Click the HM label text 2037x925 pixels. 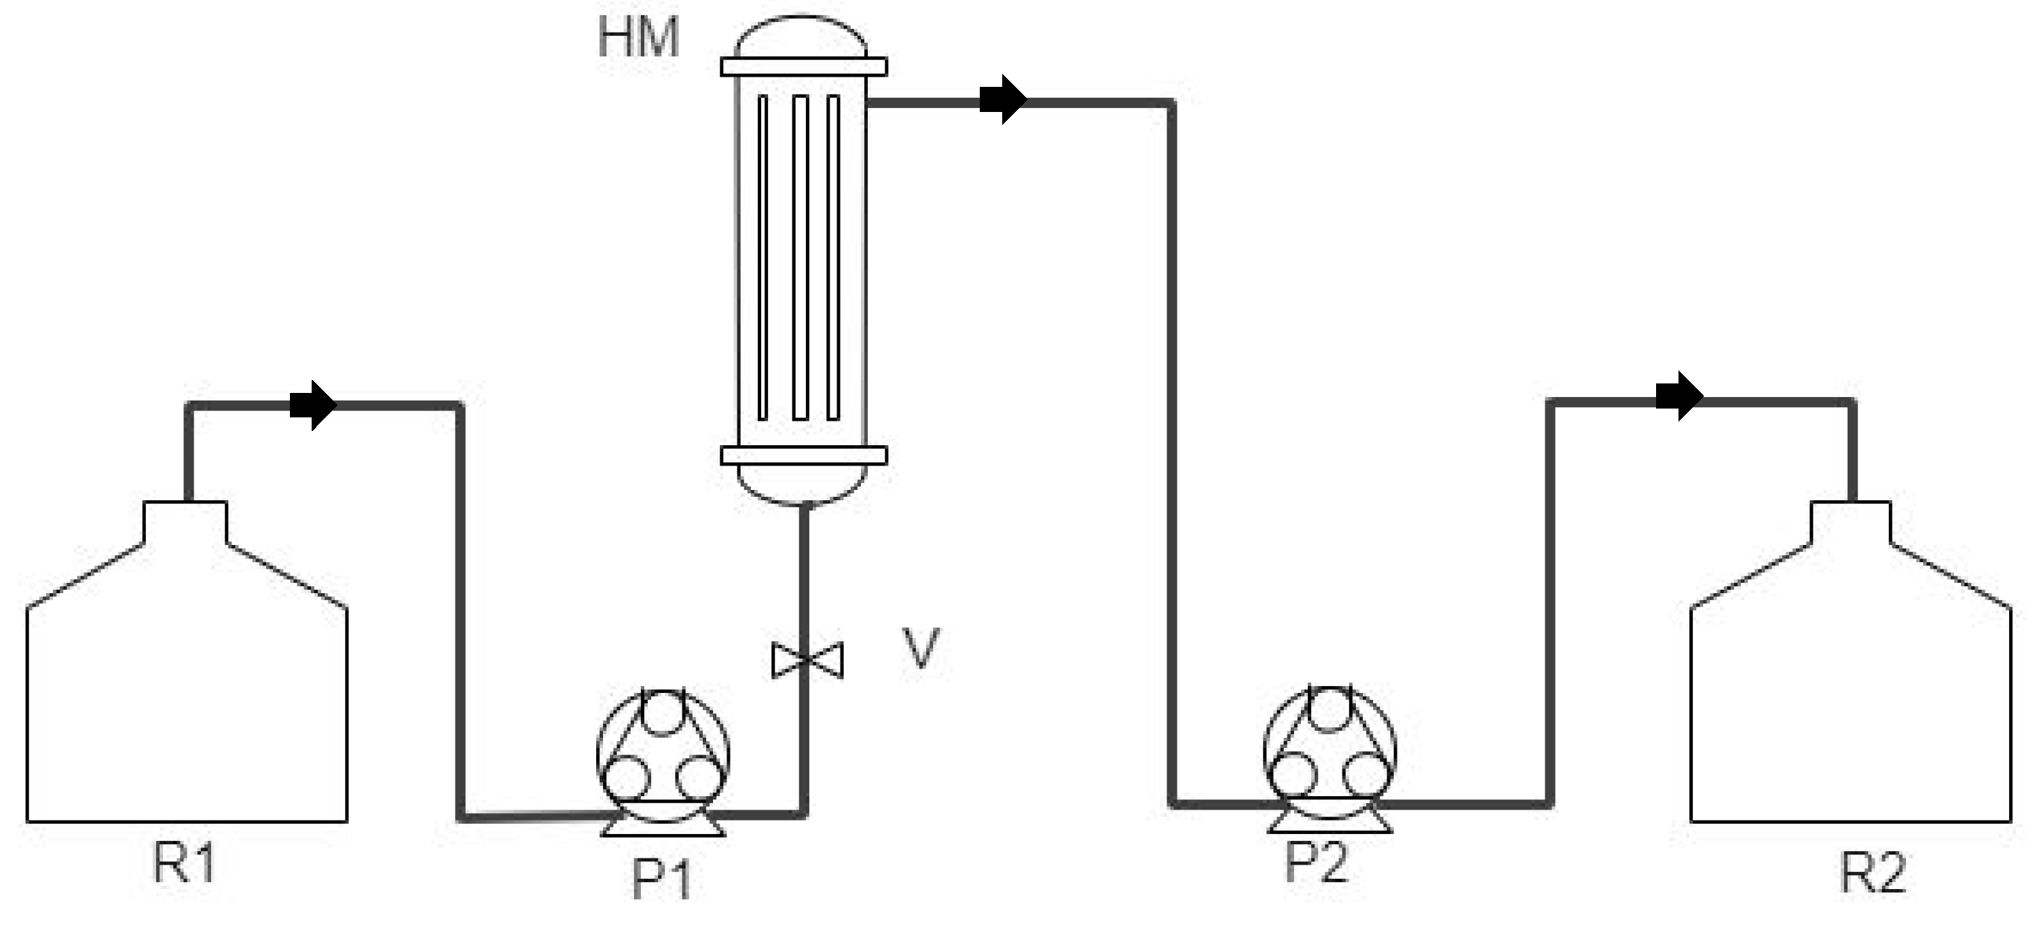tap(638, 37)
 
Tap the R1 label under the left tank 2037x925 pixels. tap(183, 863)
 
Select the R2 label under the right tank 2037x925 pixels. tap(1873, 873)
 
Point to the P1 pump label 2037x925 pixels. tap(662, 879)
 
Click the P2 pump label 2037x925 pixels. tap(1316, 862)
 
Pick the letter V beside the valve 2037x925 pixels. tap(921, 648)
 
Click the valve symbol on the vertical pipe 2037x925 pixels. tap(807, 660)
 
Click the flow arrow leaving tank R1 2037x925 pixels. tap(314, 406)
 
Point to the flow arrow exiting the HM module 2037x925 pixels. tap(1003, 100)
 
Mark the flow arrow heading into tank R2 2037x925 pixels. tap(1678, 396)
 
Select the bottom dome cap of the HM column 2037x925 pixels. tap(803, 483)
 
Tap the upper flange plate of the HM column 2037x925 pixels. tap(803, 67)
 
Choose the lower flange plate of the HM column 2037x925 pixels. tap(803, 455)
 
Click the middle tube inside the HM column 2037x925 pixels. tap(801, 257)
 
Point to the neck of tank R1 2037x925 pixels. tap(185, 522)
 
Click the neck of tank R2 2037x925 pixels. tap(1850, 522)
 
